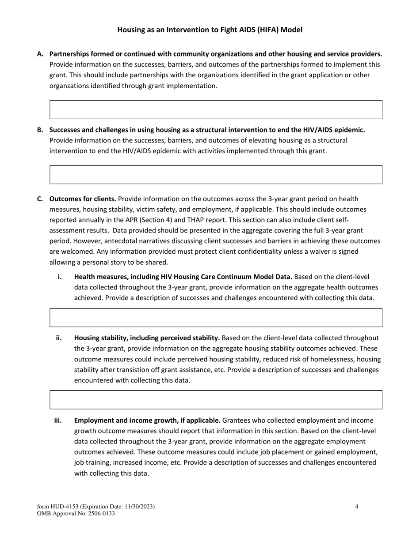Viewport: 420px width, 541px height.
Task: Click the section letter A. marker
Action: pos(40,54)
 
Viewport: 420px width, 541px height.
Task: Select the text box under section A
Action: pos(216,109)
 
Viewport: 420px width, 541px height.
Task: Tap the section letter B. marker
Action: pos(40,130)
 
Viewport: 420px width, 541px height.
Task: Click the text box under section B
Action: pos(216,174)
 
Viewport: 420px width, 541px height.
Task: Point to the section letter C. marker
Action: pos(40,199)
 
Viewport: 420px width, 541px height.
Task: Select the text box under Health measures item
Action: pos(216,317)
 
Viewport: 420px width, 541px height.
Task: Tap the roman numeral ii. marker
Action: pos(58,338)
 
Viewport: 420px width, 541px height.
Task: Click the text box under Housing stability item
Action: pos(216,399)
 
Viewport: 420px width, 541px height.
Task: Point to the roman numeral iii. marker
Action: pos(57,420)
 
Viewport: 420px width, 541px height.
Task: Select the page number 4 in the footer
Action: pos(356,507)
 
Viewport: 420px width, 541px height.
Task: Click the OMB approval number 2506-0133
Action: pos(99,514)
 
